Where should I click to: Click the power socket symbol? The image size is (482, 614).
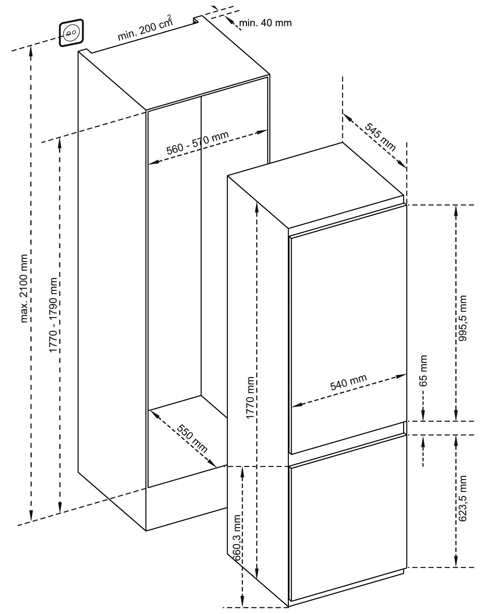point(71,33)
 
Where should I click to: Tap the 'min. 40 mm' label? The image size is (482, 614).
point(265,23)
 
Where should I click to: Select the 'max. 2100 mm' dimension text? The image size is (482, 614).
point(24,288)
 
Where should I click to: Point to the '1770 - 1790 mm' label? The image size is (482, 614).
point(53,315)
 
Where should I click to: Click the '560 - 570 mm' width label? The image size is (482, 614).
point(197,143)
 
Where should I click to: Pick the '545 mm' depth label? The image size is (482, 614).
point(380,136)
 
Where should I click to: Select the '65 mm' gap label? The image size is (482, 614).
point(423,370)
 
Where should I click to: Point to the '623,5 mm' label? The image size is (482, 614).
point(463,498)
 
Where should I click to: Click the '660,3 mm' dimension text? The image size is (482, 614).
point(237,537)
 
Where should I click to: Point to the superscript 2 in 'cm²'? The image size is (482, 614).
point(169,17)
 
